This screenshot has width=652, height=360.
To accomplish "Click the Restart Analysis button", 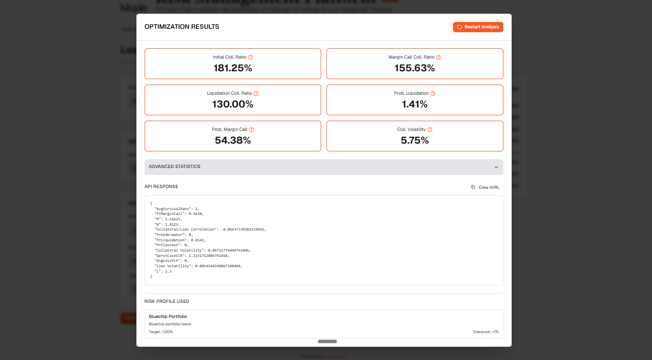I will pos(478,27).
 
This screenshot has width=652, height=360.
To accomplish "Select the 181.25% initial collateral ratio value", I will pos(233,68).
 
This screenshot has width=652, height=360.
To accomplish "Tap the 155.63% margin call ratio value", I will pos(414,68).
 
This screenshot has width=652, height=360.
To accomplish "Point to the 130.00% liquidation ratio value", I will pos(233,105).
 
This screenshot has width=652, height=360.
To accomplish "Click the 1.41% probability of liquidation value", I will pos(414,105).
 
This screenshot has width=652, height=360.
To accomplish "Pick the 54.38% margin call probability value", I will pos(233,141).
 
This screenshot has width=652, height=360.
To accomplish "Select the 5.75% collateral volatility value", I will pos(414,141).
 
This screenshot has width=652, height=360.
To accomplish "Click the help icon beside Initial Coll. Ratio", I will pos(251,57).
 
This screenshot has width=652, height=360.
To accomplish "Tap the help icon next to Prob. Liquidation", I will pos(433,93).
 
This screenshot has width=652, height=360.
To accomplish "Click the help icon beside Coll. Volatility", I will pos(430,129).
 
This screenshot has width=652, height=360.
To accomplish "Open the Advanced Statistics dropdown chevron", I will pos(496,167).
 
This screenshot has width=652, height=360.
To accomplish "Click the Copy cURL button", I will pos(485,187).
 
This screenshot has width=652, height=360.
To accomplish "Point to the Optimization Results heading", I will pos(182,27).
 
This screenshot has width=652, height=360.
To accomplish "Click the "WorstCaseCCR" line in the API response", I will pos(192,255).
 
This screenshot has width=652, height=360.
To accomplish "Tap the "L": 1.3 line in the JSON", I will pos(163,271).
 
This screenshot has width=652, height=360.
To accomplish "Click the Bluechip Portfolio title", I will pos(168,317).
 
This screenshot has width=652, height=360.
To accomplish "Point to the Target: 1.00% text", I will pos(161,332).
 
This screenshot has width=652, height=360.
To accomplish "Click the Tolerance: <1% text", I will pos(485,332).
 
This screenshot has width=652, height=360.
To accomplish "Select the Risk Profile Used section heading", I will pos(167,301).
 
